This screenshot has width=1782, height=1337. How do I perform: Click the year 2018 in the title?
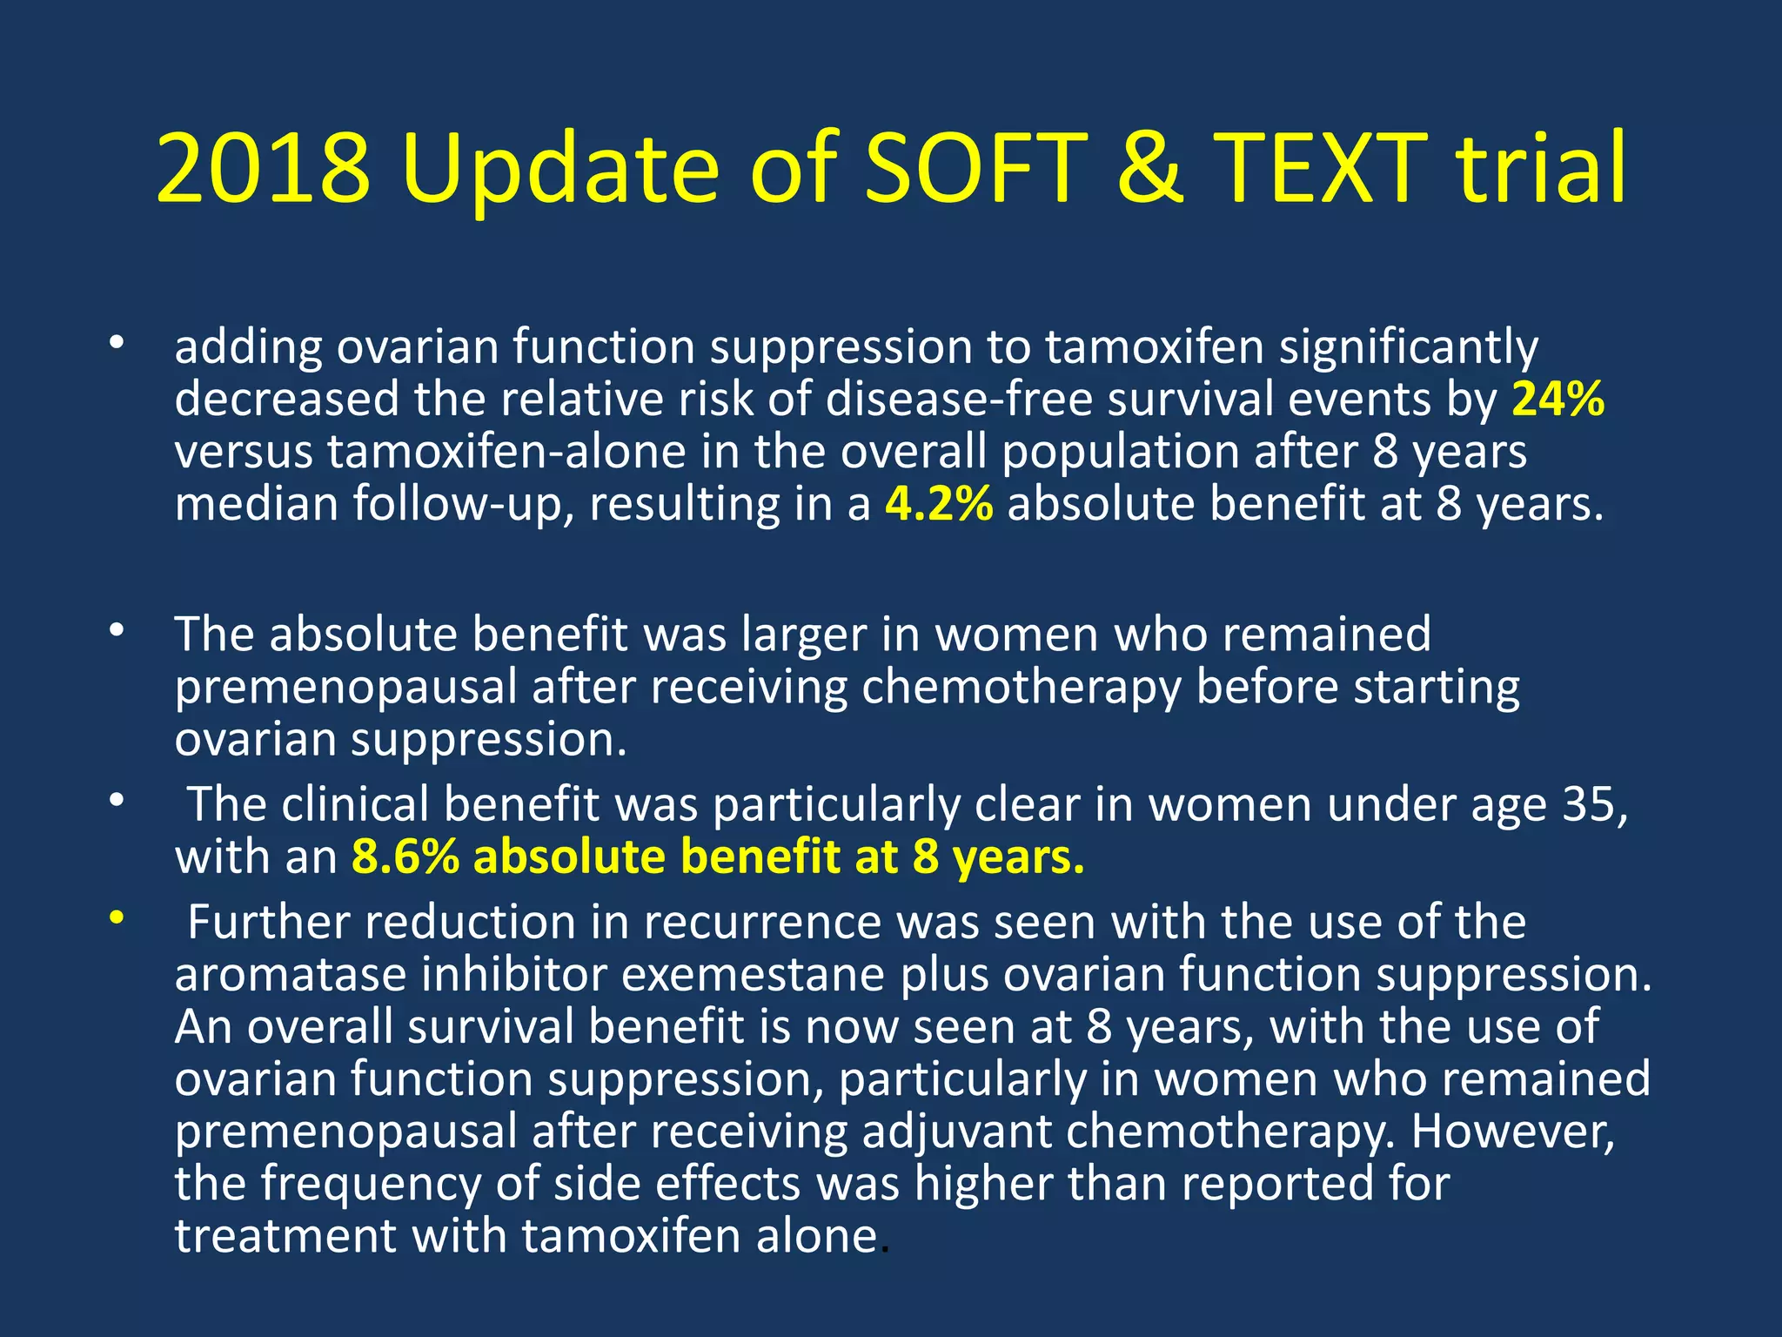coord(263,168)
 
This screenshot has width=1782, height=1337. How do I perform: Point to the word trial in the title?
coord(1541,168)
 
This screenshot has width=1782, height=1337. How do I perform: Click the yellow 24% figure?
coord(1558,400)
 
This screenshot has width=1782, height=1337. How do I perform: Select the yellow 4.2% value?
coord(939,504)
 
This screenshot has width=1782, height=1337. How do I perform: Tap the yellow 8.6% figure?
coord(405,857)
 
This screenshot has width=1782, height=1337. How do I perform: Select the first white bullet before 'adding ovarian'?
coord(117,343)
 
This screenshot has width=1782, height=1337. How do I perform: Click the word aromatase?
coord(291,975)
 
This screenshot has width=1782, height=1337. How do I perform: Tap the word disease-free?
coord(958,400)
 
